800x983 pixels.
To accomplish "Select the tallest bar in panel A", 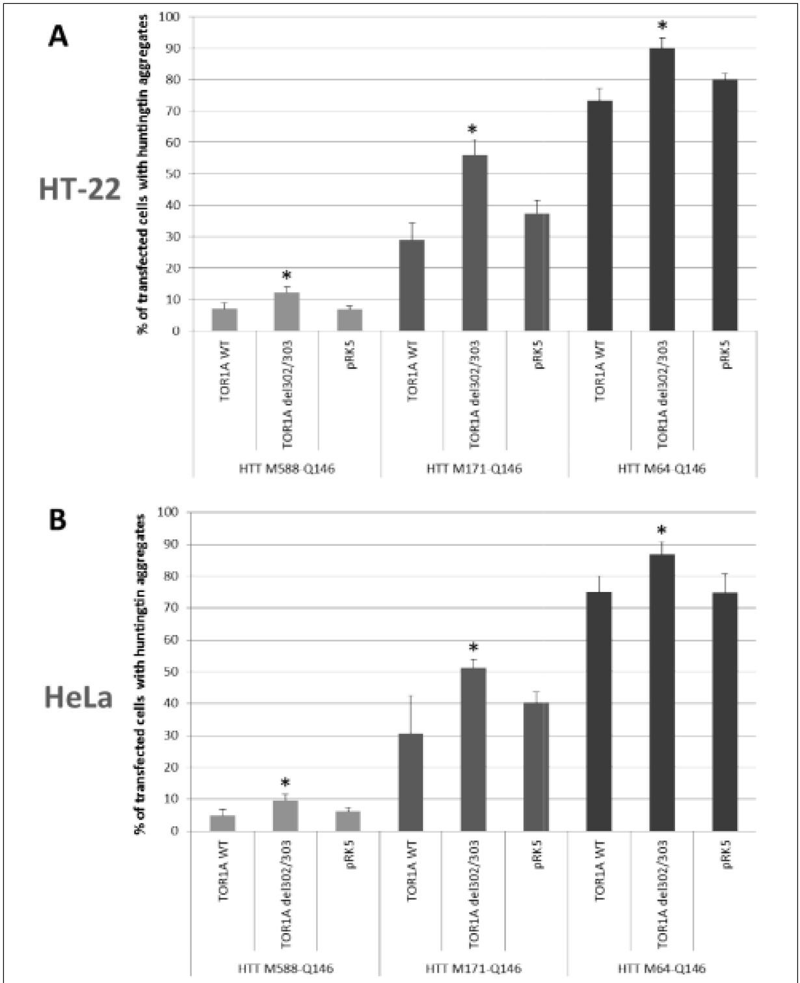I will click(x=662, y=189).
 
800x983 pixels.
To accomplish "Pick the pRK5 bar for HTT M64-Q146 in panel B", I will click(x=725, y=712).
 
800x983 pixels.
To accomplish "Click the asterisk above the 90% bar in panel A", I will click(x=662, y=27).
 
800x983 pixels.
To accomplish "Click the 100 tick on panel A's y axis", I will click(x=175, y=16).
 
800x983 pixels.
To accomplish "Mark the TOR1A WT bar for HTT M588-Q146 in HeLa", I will click(x=222, y=823).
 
